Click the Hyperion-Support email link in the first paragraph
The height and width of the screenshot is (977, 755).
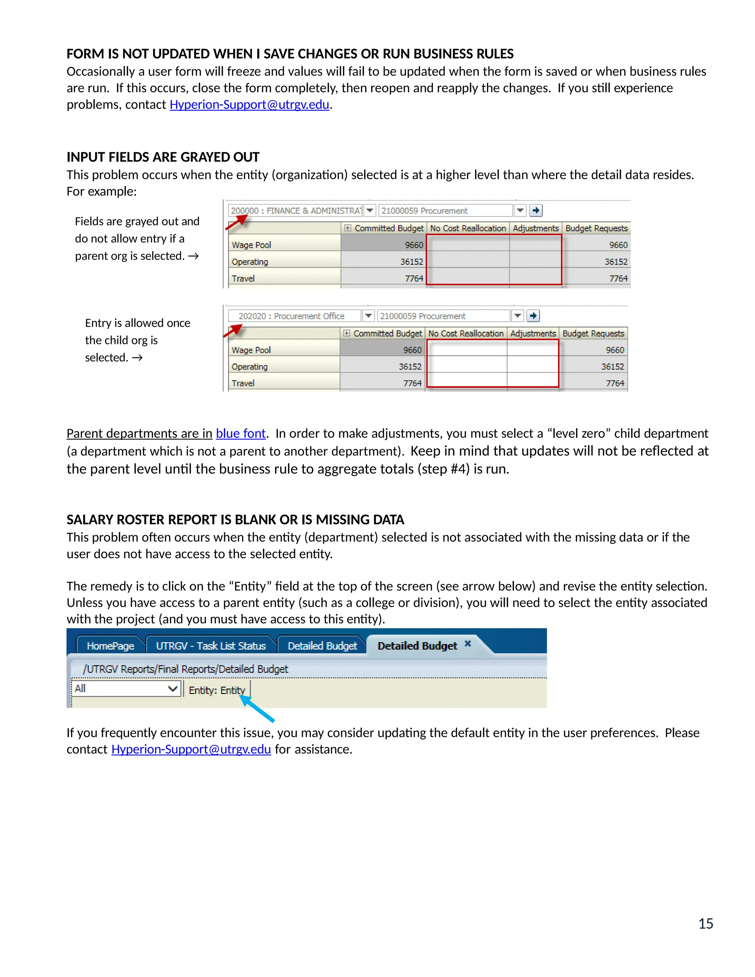pos(249,105)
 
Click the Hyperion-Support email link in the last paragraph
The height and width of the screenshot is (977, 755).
pos(191,749)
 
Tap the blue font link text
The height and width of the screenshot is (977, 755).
pos(241,434)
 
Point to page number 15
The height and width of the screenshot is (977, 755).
pos(705,924)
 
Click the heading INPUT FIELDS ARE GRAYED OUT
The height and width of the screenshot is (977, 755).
pos(163,157)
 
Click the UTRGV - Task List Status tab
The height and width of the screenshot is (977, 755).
pos(211,646)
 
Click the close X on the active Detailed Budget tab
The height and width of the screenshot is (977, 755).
pos(468,644)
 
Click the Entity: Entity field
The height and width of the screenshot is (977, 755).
pos(217,690)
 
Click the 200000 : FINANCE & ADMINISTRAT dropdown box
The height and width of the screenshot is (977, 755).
pos(296,211)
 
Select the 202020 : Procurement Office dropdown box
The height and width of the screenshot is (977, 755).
pos(294,316)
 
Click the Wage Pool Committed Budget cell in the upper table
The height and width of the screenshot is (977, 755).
pos(383,245)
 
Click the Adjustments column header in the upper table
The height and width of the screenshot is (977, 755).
pos(535,228)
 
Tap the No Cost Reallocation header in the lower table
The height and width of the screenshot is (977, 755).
pos(466,333)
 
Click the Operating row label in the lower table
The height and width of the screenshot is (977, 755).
pos(250,367)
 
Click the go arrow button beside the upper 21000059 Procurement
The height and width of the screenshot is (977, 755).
pos(536,210)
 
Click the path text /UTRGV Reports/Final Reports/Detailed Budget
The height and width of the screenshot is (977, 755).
pos(185,669)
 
